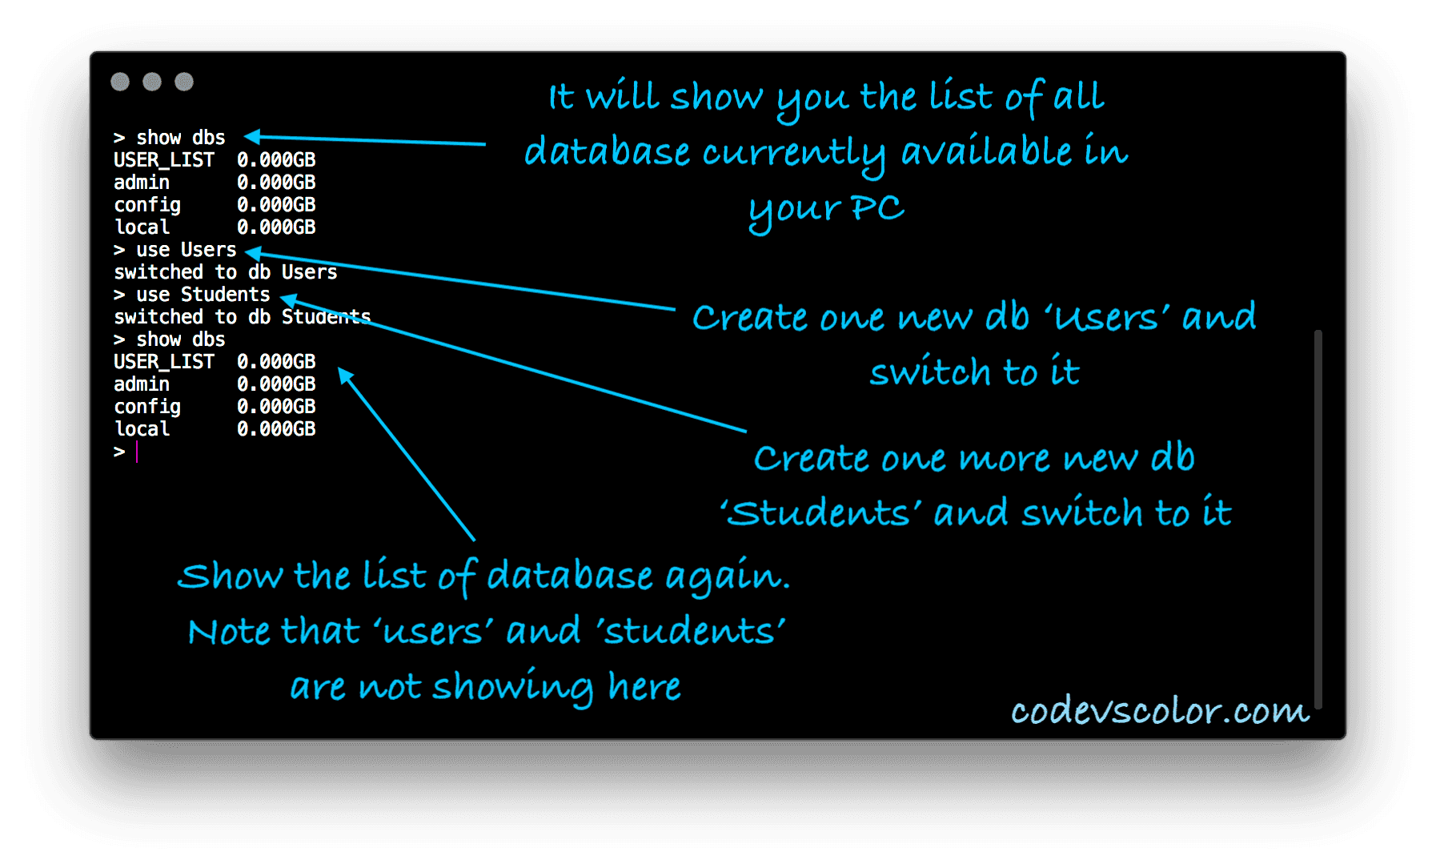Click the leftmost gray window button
point(120,82)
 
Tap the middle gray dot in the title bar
point(152,82)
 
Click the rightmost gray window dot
point(184,82)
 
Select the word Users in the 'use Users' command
point(208,250)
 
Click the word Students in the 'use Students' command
point(225,295)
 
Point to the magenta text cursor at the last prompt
point(137,452)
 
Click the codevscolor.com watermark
point(1160,710)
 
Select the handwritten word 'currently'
point(794,154)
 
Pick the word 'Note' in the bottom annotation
point(229,631)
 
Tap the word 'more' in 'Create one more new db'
point(1005,459)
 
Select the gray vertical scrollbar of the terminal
point(1318,519)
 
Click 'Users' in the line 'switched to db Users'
point(309,272)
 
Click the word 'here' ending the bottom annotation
point(644,686)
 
